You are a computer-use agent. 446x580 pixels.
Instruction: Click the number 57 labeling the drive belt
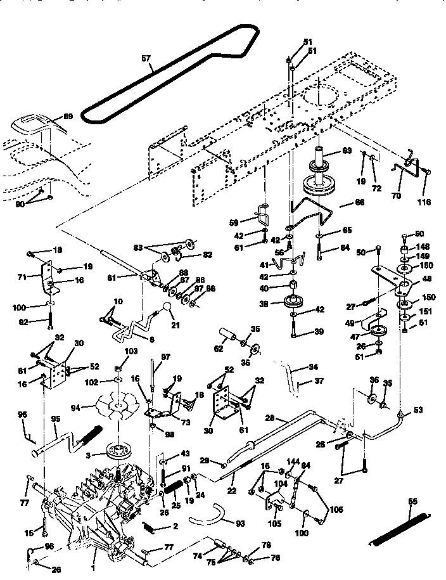coord(146,59)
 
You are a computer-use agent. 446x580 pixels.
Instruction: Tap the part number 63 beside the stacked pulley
coord(347,151)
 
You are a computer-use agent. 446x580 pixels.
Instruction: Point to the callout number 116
coord(424,202)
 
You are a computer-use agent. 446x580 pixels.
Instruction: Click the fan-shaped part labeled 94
coord(114,405)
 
